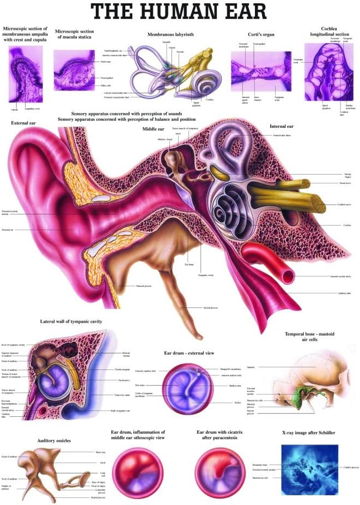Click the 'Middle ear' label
(153, 129)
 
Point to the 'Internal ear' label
(282, 126)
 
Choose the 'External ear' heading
(23, 123)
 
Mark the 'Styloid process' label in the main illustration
(210, 308)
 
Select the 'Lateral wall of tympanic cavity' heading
(71, 322)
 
